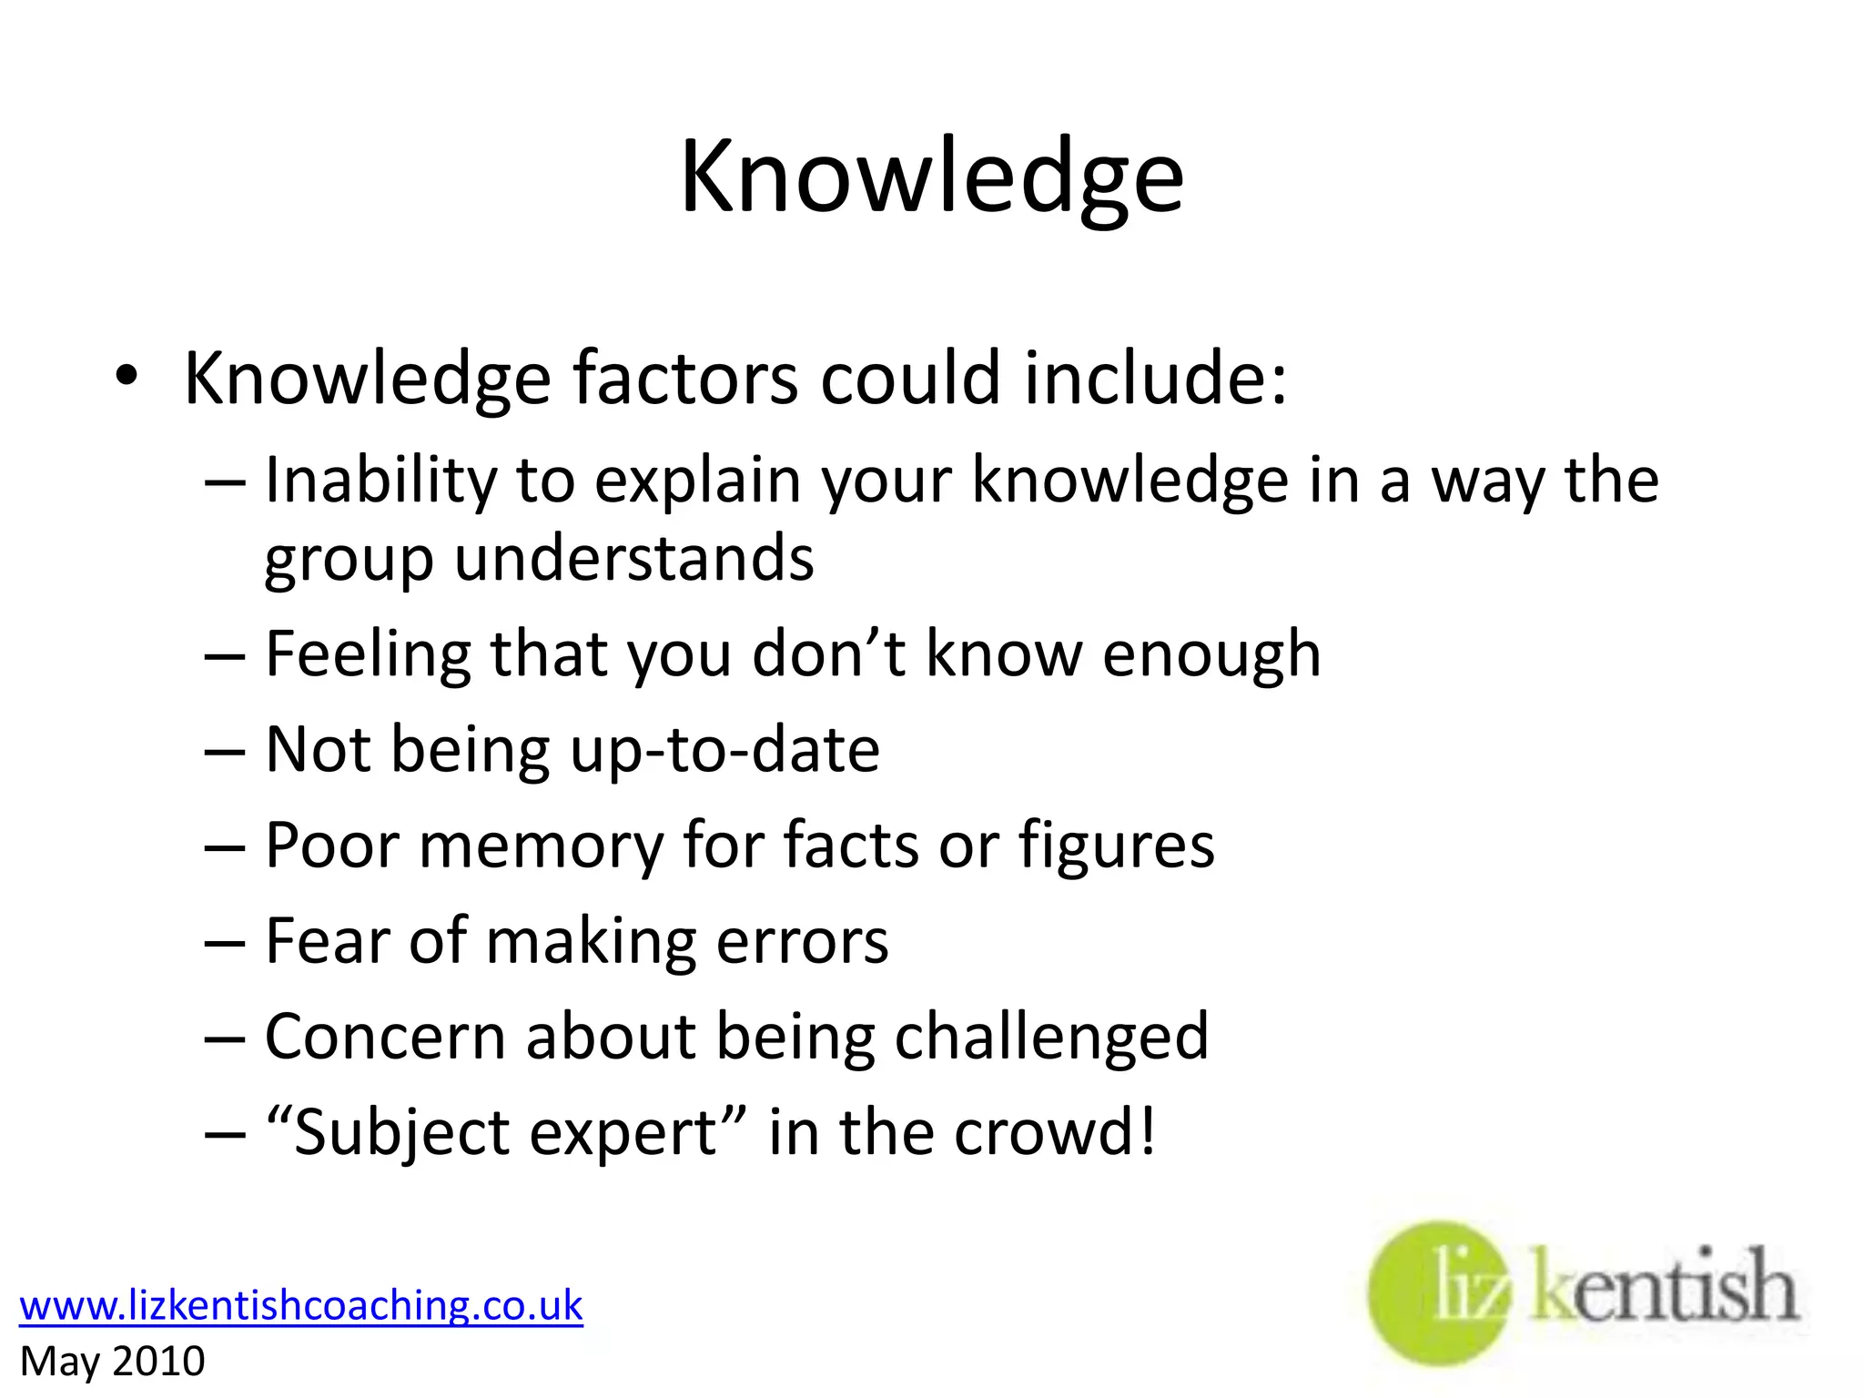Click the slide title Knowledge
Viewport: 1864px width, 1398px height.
coord(932,177)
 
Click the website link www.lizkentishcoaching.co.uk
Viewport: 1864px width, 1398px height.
coord(300,1305)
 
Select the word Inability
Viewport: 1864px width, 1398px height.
coord(380,480)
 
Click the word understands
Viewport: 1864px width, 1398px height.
coord(633,558)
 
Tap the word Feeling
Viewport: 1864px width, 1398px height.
coord(368,654)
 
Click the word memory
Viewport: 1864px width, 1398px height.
coord(542,846)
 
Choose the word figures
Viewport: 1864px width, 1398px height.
coord(1116,846)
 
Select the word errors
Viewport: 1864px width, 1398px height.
coord(802,942)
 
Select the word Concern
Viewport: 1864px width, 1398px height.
coord(385,1038)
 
